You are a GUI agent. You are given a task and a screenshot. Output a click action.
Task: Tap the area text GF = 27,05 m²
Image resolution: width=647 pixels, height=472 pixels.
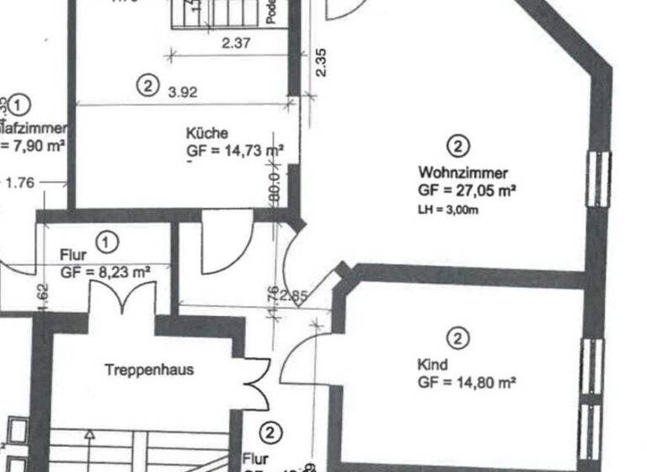coord(466,191)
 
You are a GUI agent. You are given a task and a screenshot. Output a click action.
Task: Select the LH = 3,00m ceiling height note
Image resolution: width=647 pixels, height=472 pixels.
coord(447,209)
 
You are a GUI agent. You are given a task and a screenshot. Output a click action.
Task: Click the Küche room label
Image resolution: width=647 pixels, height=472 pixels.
coord(207,133)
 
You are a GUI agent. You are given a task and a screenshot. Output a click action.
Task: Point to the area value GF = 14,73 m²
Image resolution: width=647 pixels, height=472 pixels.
coord(235,151)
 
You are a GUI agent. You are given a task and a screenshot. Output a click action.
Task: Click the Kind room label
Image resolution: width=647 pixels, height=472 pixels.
coord(432,365)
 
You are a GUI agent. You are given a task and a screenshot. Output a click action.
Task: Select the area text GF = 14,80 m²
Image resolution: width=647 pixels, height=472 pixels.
coord(466,382)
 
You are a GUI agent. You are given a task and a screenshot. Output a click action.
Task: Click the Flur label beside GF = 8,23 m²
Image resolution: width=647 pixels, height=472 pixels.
coord(73,254)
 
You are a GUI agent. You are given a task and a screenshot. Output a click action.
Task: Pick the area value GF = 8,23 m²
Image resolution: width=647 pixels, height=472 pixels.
coord(104,271)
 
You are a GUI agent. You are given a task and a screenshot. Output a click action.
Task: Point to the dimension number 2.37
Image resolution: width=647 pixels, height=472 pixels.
coord(237,43)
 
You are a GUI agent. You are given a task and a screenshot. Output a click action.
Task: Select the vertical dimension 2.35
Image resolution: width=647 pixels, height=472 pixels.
coord(320,62)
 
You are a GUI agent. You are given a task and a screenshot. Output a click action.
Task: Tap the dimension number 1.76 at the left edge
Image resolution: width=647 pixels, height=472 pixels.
coord(21,180)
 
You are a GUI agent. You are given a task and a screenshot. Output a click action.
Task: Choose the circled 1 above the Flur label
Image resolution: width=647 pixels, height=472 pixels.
coord(107,242)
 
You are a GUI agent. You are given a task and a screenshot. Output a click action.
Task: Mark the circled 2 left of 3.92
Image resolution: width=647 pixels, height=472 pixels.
coord(147,84)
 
